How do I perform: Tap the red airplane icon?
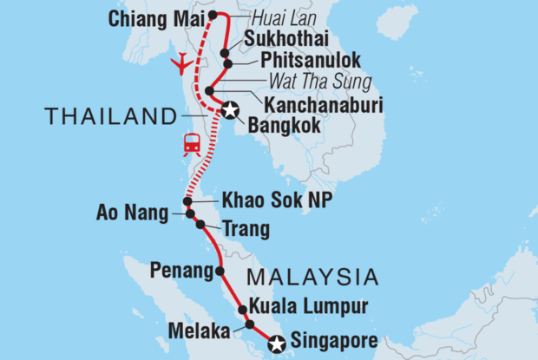183,63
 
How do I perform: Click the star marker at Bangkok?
230,109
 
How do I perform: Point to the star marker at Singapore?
276,344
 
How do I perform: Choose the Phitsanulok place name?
299,62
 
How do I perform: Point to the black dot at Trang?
200,225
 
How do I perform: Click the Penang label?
182,271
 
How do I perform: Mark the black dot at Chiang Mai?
213,15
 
